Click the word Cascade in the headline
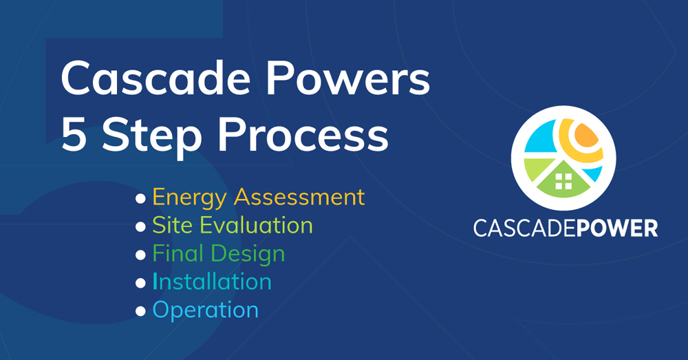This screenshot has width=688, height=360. click(x=155, y=78)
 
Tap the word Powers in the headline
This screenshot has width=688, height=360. click(x=348, y=78)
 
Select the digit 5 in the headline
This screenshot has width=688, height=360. click(x=74, y=134)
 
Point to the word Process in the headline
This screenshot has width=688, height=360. click(x=303, y=134)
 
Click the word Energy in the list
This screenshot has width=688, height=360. click(x=190, y=198)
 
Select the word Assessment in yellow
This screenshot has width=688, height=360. click(x=299, y=197)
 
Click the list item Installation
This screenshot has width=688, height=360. click(x=212, y=282)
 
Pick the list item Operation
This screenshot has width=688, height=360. click(x=205, y=311)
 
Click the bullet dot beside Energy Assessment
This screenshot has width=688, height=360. click(x=140, y=198)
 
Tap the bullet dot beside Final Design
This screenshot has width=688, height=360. click(x=140, y=255)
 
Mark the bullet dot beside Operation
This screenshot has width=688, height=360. click(x=140, y=311)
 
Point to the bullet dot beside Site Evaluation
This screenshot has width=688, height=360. click(x=140, y=226)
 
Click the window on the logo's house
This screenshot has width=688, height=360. click(x=563, y=181)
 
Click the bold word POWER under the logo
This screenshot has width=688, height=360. click(x=616, y=229)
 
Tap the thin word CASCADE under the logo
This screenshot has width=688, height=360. click(x=524, y=229)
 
